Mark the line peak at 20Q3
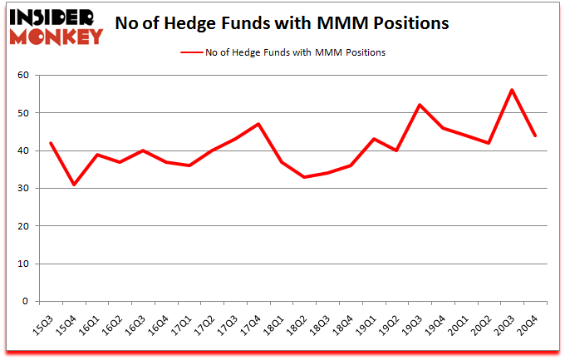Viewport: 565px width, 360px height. (512, 90)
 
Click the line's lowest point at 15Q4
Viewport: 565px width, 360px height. (74, 185)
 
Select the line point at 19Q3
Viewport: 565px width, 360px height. (420, 105)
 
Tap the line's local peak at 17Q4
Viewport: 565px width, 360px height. (258, 124)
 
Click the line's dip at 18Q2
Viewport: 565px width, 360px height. (304, 177)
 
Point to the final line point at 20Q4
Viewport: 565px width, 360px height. (535, 136)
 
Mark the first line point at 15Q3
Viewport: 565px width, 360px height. (51, 143)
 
